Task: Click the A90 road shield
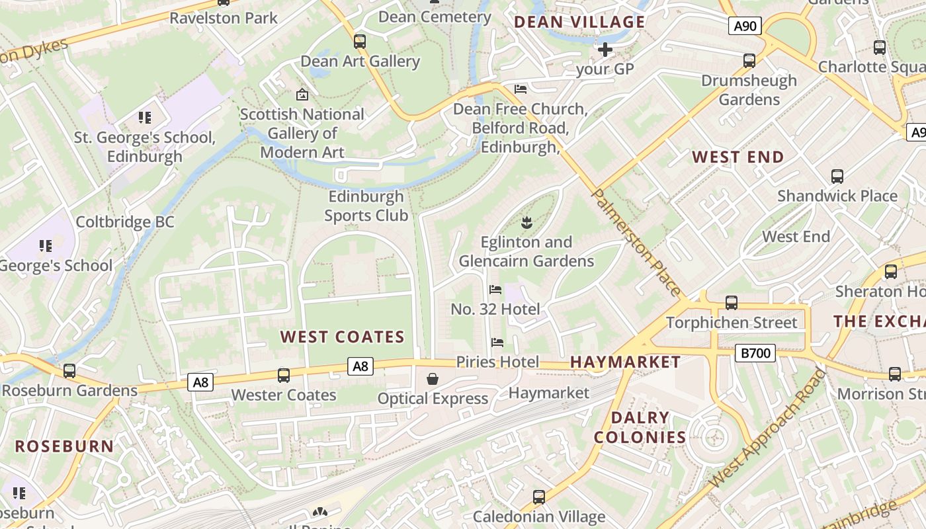point(745,26)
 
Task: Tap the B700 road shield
point(755,353)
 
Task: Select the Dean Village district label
point(579,22)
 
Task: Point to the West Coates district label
point(342,337)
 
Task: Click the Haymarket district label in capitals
point(625,362)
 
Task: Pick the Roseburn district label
point(65,446)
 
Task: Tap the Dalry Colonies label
point(640,427)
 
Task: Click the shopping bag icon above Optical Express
point(433,379)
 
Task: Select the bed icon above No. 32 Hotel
point(495,290)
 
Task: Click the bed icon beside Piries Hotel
point(497,343)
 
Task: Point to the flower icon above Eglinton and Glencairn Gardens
point(526,223)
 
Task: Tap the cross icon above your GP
point(605,49)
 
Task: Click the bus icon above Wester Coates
point(284,376)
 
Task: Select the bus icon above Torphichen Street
point(732,303)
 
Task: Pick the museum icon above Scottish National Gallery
point(302,95)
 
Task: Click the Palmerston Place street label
point(635,242)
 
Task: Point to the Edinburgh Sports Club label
point(366,206)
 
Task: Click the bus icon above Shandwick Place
point(837,177)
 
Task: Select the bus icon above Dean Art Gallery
point(360,42)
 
